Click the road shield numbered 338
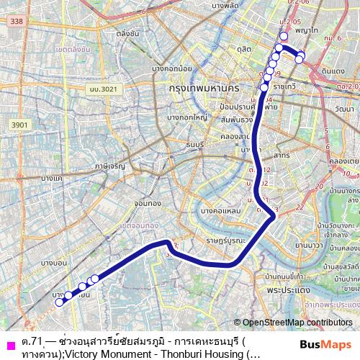(x=17, y=22)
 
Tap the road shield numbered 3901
(x=19, y=125)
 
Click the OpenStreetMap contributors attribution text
(x=294, y=323)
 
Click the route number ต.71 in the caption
(x=31, y=341)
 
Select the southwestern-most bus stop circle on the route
(x=60, y=302)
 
